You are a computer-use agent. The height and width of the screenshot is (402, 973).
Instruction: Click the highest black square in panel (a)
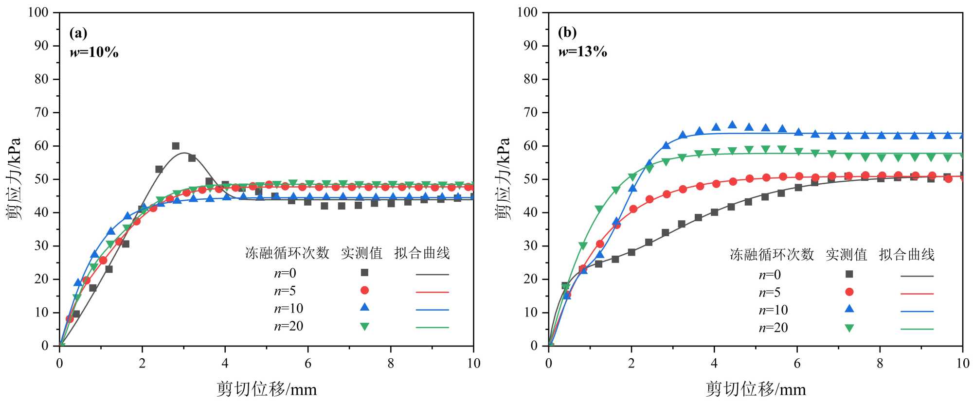(176, 146)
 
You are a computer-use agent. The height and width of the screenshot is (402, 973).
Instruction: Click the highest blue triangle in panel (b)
(732, 125)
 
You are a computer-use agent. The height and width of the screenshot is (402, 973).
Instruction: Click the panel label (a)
(78, 33)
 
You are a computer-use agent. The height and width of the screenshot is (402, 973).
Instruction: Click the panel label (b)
(567, 32)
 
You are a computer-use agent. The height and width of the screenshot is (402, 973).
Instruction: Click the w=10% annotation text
(94, 52)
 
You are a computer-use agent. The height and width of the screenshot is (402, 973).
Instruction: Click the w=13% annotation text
(583, 51)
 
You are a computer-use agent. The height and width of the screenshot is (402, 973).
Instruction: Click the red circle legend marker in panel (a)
(364, 290)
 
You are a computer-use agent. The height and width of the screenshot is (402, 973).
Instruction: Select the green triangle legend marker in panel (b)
(849, 328)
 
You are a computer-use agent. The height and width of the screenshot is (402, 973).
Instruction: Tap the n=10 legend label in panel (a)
(288, 309)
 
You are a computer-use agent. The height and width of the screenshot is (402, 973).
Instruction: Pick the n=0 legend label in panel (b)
(770, 275)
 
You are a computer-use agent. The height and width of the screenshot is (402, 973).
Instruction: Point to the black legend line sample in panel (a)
(432, 275)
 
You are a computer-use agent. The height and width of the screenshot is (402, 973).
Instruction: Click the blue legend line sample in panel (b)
(917, 311)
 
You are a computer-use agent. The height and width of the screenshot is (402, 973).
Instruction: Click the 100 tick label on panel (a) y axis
(38, 12)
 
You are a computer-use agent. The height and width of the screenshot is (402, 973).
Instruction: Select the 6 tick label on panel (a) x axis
(308, 364)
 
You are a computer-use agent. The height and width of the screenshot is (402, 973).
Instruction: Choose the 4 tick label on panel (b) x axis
(714, 364)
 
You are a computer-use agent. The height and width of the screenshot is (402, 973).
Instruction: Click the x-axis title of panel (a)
(267, 389)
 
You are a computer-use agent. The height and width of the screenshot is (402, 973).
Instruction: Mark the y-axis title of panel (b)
(503, 179)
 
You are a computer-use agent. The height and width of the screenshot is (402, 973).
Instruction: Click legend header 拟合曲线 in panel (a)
(422, 253)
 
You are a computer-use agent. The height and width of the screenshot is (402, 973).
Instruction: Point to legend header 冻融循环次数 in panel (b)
(772, 255)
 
